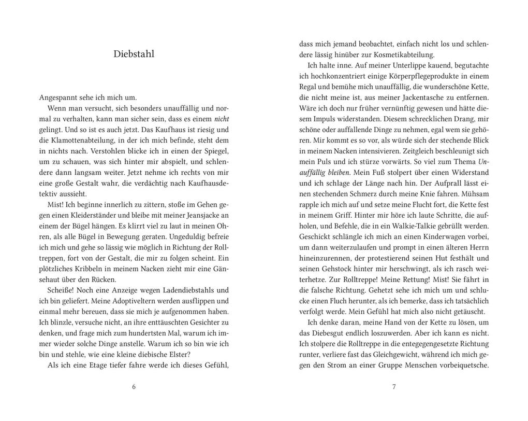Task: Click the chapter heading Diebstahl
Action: point(134,54)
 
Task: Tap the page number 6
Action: point(134,386)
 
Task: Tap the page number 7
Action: point(394,386)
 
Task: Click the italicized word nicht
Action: point(221,118)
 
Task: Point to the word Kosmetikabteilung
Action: point(402,54)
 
